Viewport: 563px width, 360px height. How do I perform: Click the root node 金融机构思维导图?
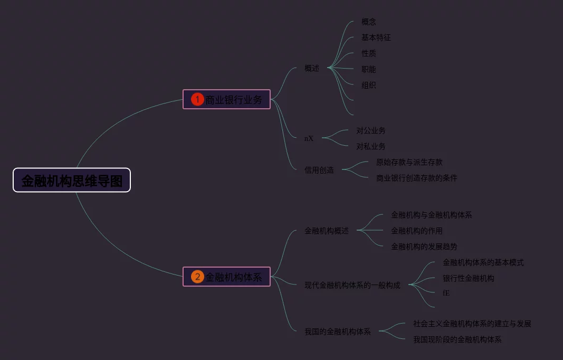pos(72,181)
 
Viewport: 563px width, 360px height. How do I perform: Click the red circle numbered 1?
pos(197,99)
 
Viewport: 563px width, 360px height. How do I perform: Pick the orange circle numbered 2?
pos(197,277)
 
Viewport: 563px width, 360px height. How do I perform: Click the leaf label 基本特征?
pos(376,37)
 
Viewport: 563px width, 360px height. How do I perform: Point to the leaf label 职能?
pos(369,69)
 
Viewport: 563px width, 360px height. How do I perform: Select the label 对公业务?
pos(371,130)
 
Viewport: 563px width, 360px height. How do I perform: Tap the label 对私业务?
pos(371,146)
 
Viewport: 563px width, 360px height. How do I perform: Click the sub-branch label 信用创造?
pos(319,170)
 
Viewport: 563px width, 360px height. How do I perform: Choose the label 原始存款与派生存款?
pos(409,162)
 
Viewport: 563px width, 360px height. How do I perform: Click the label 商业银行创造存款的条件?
pos(417,178)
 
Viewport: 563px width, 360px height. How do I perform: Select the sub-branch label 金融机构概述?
pos(327,230)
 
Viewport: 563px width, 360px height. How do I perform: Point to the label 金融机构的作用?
pos(417,230)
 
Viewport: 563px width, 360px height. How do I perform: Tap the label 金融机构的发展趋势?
pos(424,246)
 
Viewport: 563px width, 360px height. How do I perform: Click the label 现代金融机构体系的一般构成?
pos(352,285)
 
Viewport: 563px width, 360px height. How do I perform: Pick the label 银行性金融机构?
pos(469,278)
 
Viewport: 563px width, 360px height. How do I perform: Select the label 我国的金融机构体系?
pos(338,331)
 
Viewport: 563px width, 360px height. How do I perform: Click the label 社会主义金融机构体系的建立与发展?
pos(472,324)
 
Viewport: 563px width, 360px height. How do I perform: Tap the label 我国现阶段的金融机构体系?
pos(457,339)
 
